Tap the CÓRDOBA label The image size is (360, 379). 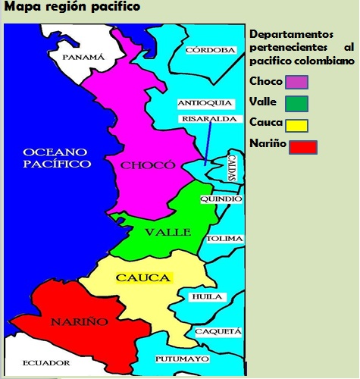[x=211, y=50]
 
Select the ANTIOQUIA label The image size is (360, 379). [x=200, y=103]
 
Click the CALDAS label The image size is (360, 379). [x=232, y=168]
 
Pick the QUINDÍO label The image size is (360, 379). [x=221, y=199]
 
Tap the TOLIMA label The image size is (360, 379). [x=225, y=239]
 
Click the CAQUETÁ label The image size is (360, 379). [x=218, y=331]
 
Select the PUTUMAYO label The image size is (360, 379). [x=182, y=358]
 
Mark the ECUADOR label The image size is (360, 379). [x=46, y=363]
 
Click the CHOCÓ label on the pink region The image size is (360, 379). [x=142, y=165]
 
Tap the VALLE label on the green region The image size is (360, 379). [x=168, y=232]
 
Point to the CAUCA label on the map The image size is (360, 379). [x=143, y=278]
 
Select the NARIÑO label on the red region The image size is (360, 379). [x=79, y=322]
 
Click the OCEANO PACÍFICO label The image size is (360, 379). [x=57, y=157]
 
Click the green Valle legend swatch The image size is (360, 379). [x=296, y=102]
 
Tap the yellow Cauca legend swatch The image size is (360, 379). [x=296, y=124]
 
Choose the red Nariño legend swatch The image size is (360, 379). [x=302, y=146]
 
